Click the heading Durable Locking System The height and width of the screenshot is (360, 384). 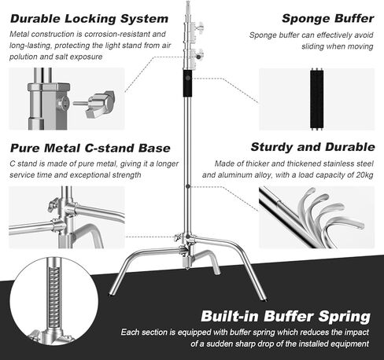click(x=89, y=19)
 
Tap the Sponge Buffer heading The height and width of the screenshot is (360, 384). click(x=328, y=19)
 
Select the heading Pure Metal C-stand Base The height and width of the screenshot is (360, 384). click(x=90, y=148)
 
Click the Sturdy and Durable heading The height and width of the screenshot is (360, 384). click(x=312, y=147)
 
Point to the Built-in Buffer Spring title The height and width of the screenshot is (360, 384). click(x=286, y=316)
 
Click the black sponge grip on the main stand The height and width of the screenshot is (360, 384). click(x=187, y=83)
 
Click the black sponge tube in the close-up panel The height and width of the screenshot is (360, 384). click(x=316, y=99)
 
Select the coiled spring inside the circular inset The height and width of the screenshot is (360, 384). click(x=54, y=297)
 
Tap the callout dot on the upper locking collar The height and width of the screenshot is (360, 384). click(x=198, y=57)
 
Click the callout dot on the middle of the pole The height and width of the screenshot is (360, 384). click(x=188, y=186)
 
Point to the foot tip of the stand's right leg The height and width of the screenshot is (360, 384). click(x=265, y=299)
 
